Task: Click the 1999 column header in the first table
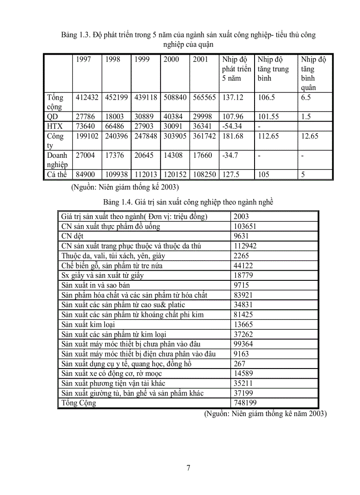[x=142, y=60]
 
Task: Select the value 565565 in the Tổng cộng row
[x=205, y=97]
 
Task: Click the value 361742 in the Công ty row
[x=205, y=136]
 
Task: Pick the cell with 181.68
[x=233, y=136]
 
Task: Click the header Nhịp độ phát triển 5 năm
[x=236, y=69]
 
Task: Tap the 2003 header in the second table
[x=242, y=216]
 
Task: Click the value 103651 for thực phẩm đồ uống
[x=245, y=227]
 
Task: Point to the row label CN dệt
[x=73, y=236]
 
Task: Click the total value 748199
[x=245, y=403]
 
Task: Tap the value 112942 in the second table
[x=245, y=246]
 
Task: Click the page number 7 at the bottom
[x=188, y=468]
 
